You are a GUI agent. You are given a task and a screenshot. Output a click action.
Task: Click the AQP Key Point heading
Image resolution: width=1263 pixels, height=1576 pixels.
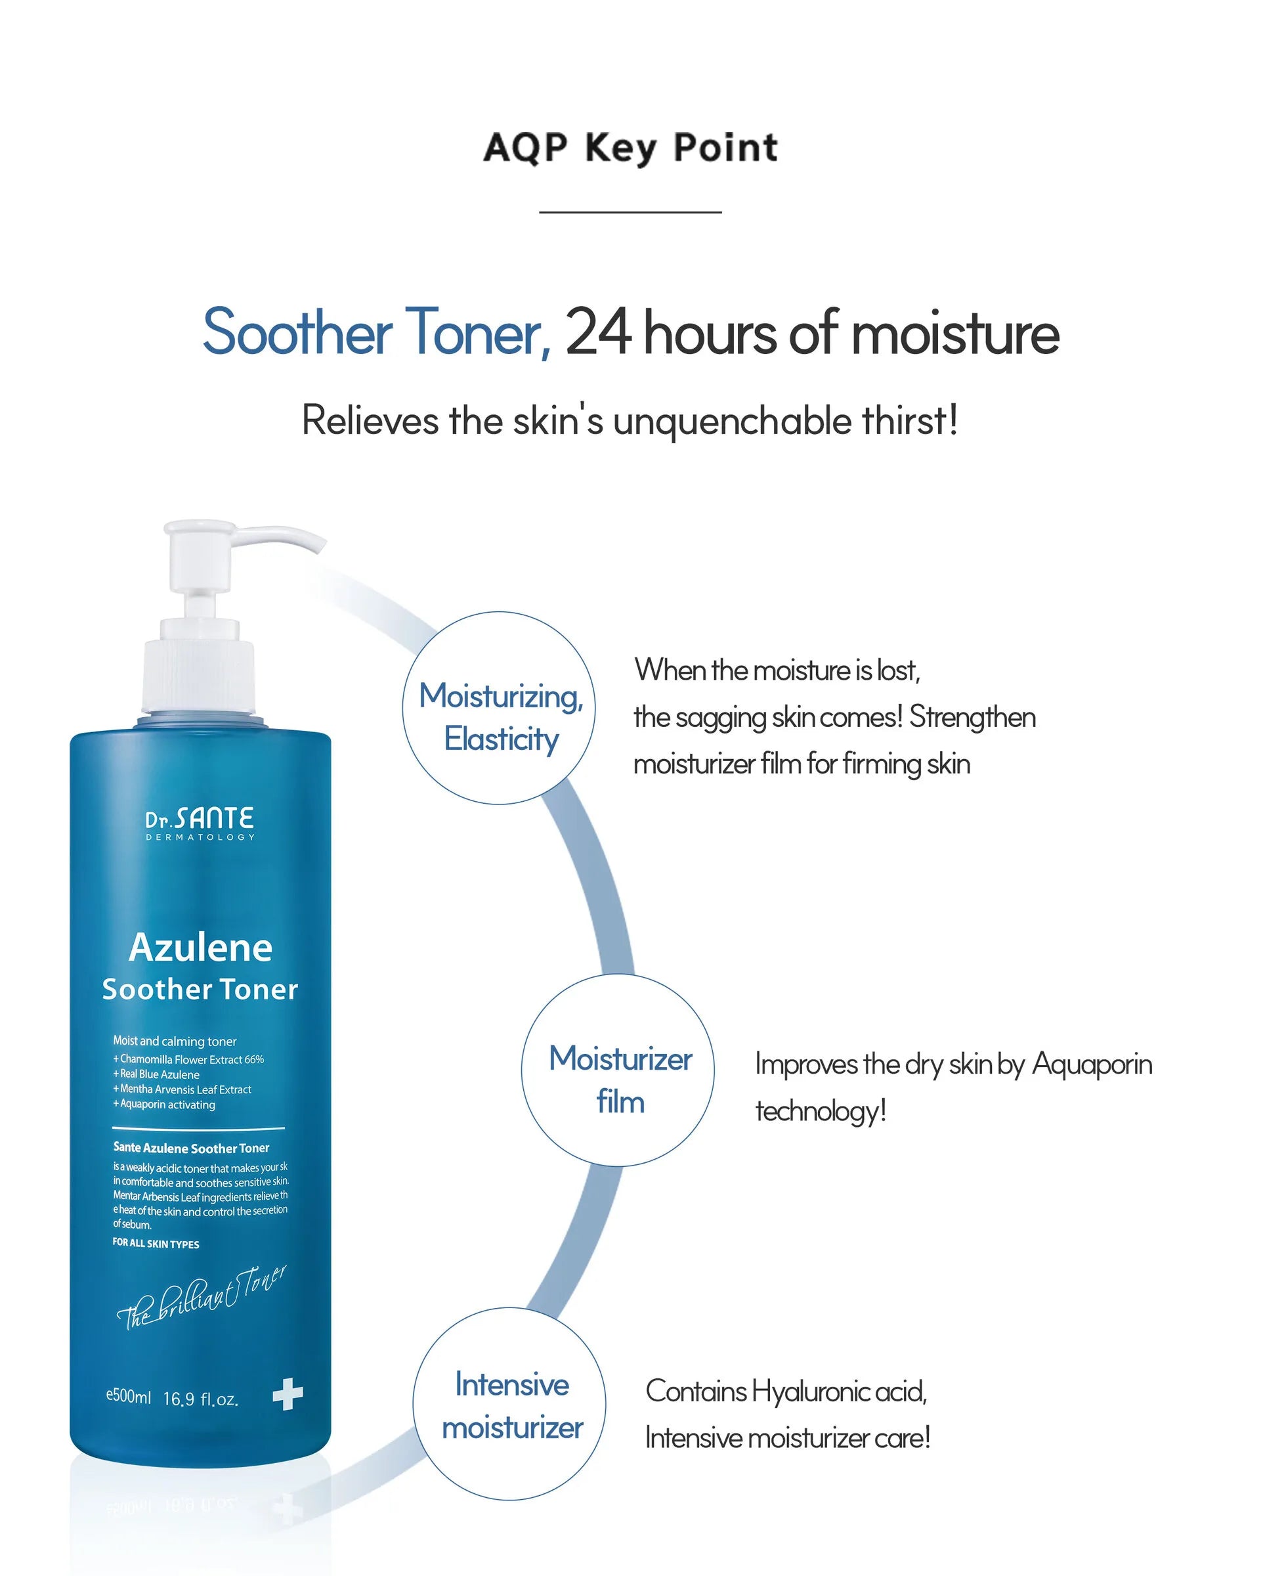pos(631,148)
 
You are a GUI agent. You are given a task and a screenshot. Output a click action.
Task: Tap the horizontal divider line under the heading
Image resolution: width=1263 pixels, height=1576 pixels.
pos(630,212)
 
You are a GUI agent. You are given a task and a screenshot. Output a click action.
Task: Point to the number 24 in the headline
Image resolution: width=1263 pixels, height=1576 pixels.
pos(599,332)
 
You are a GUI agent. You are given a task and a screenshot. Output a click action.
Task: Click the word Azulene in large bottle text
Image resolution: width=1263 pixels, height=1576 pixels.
pos(200,948)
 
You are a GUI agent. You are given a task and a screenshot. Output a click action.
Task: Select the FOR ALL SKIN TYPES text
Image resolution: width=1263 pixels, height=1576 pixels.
pos(156,1244)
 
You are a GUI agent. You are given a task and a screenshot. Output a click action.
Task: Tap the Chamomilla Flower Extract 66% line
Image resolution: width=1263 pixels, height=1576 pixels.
pos(188,1059)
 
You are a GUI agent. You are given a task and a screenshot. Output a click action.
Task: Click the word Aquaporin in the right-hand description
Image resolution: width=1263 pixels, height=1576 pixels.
pos(1092,1065)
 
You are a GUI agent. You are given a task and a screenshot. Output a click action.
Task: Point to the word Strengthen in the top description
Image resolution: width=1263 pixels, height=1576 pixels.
pos(973,717)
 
